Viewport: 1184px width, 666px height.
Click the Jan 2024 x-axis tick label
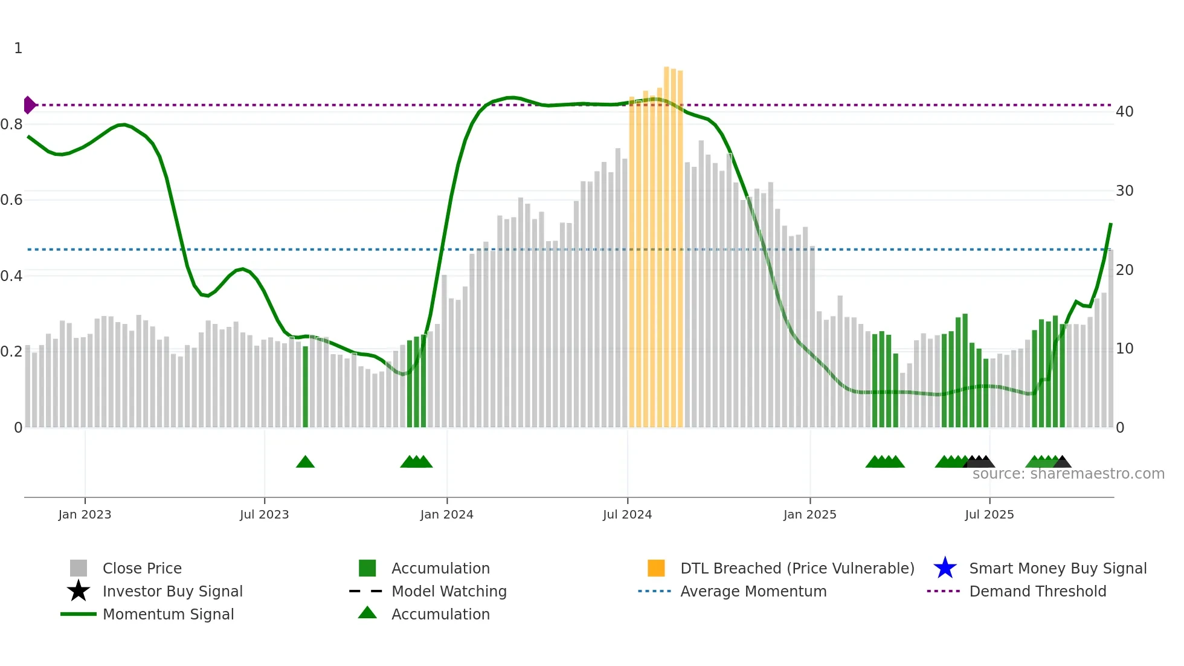[446, 514]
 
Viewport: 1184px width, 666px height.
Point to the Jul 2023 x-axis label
[264, 514]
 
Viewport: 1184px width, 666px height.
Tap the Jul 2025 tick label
[989, 514]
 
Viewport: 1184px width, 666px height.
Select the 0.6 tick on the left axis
[11, 200]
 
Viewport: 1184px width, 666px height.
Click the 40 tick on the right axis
[1124, 112]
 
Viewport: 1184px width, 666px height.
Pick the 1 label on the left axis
[18, 48]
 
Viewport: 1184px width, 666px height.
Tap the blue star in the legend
[945, 568]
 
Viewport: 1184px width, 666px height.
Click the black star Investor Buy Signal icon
[79, 591]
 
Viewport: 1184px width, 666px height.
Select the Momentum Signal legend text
[168, 614]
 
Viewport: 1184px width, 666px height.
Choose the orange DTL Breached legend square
[656, 568]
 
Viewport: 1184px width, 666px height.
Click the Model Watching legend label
[449, 591]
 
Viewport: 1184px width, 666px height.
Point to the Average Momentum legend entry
[753, 591]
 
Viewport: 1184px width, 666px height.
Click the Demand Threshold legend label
[1037, 591]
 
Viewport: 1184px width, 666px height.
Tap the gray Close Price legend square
[79, 568]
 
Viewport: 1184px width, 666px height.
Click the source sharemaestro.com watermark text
[1068, 474]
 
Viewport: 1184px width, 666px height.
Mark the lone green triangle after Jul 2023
[305, 462]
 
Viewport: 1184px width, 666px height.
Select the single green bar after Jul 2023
[305, 387]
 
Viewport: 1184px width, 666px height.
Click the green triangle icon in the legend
[367, 613]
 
